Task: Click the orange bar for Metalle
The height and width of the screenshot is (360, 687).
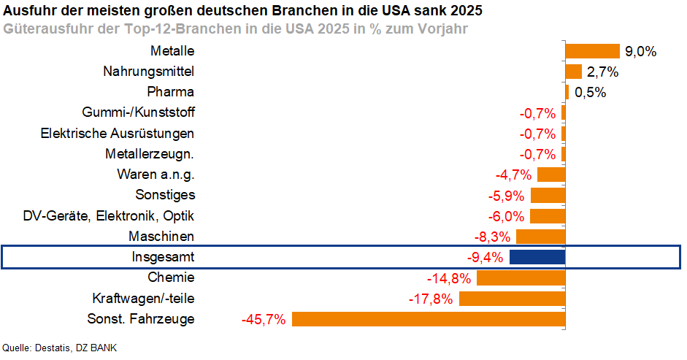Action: pyautogui.click(x=592, y=51)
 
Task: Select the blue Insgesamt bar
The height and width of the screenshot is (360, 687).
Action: pyautogui.click(x=537, y=257)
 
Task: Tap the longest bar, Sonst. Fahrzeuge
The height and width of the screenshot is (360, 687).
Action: pyautogui.click(x=429, y=319)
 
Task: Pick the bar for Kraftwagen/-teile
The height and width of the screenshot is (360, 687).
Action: pyautogui.click(x=512, y=299)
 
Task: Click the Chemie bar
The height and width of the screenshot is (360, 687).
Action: pyautogui.click(x=521, y=278)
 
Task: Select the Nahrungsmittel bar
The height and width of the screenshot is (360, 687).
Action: pyautogui.click(x=573, y=72)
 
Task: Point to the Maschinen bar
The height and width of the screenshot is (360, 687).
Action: pyautogui.click(x=540, y=237)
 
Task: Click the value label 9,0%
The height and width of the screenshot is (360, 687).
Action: pyautogui.click(x=641, y=52)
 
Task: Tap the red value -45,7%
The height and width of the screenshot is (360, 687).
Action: pyautogui.click(x=263, y=319)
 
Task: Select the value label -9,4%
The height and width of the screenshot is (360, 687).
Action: pyautogui.click(x=485, y=257)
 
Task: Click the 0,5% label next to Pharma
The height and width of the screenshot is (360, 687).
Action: pyautogui.click(x=590, y=93)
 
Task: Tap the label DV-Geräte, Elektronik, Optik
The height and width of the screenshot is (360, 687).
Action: pyautogui.click(x=109, y=216)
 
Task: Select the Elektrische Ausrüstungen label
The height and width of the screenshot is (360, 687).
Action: pyautogui.click(x=118, y=134)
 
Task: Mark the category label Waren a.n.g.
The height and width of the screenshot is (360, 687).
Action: pyautogui.click(x=156, y=175)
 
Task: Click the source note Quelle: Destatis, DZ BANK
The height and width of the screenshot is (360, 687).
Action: pyautogui.click(x=60, y=348)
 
